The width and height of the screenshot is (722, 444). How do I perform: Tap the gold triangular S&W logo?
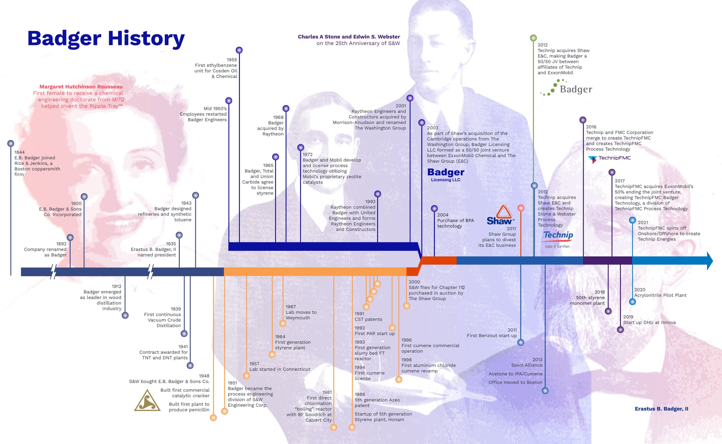tap(147, 400)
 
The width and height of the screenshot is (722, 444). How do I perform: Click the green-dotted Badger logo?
tap(566, 89)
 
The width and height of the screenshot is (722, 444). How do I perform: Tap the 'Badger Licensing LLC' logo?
tap(446, 175)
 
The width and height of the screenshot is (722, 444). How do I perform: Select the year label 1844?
tap(19, 152)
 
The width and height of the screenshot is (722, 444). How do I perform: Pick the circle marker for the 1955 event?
tap(239, 50)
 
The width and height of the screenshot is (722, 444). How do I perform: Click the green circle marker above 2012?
tap(533, 38)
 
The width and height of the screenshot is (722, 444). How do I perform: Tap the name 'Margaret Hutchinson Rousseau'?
tap(81, 87)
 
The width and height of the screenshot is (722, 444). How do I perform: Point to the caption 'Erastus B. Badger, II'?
tap(661, 409)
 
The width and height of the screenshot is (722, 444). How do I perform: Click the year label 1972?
tap(308, 154)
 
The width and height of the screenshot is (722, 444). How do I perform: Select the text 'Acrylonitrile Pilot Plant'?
tap(660, 295)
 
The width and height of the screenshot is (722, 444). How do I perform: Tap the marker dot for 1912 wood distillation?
tap(125, 315)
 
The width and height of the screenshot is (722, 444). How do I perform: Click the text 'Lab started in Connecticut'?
tap(280, 369)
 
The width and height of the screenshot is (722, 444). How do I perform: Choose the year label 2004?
tap(443, 215)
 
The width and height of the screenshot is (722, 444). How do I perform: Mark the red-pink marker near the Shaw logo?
tap(521, 208)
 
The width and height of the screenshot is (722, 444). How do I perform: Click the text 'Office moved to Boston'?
tap(515, 382)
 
